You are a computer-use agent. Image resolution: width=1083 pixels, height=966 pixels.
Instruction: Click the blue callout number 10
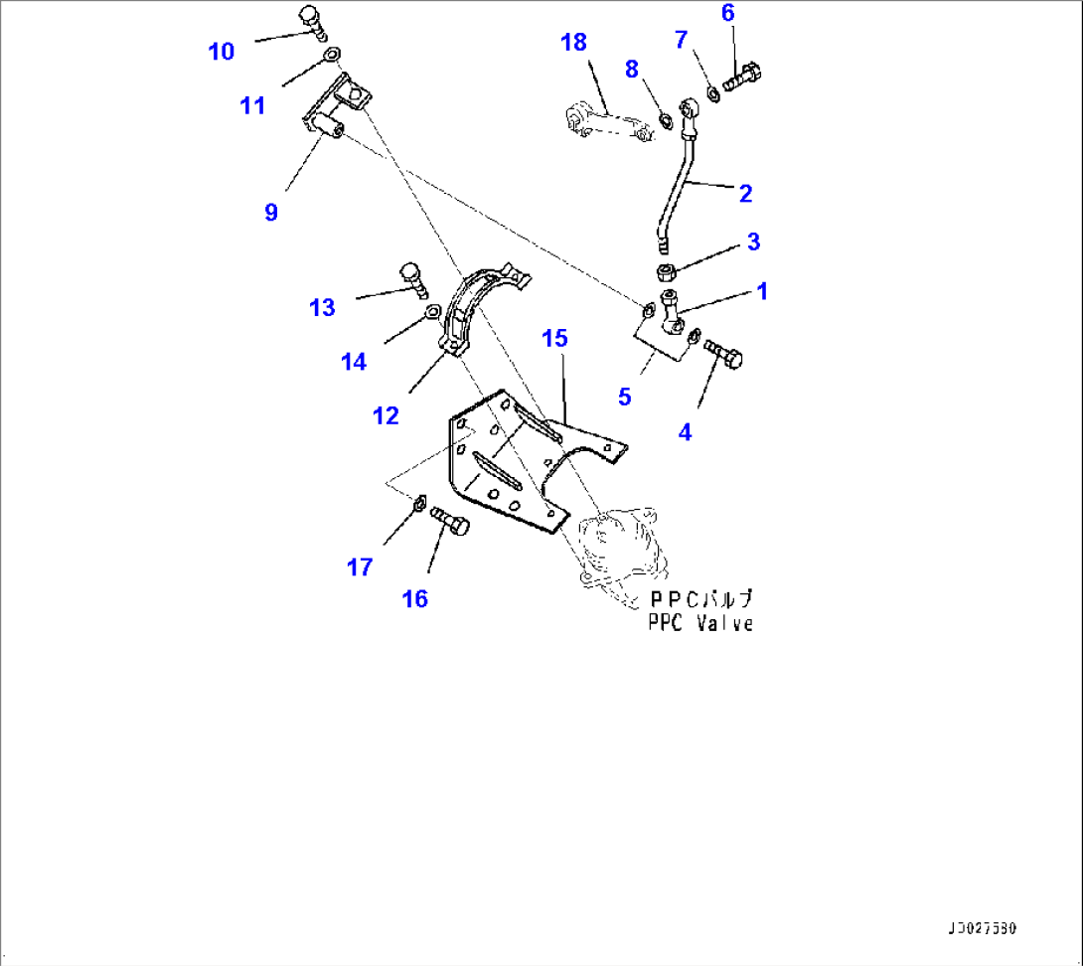221,52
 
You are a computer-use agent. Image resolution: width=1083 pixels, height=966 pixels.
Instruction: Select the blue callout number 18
573,42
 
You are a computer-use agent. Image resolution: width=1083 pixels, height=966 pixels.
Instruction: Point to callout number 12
386,416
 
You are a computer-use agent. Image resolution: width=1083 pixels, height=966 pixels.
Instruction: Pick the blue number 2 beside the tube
745,194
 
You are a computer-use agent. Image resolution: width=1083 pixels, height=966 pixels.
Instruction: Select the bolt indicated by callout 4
724,355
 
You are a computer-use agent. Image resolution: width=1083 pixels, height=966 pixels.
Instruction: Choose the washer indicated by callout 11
332,54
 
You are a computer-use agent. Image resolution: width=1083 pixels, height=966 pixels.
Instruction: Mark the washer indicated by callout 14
433,314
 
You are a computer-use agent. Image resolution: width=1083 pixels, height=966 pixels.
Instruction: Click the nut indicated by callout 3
667,270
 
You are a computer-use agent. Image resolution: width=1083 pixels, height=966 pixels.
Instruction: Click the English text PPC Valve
699,623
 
